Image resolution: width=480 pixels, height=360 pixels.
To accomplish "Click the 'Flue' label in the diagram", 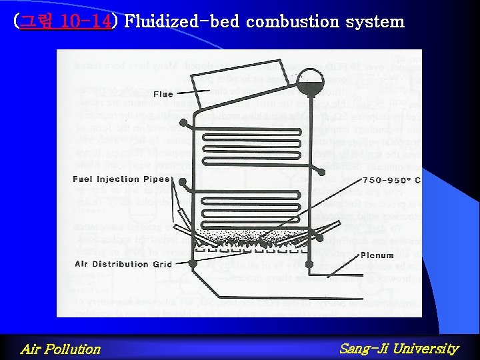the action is pyautogui.click(x=163, y=95).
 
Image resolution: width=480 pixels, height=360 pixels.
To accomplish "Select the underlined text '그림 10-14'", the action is pyautogui.click(x=65, y=22).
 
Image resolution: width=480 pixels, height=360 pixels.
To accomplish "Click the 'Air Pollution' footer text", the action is pyautogui.click(x=61, y=349).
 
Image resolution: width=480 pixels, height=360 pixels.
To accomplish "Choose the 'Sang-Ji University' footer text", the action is pyautogui.click(x=399, y=348).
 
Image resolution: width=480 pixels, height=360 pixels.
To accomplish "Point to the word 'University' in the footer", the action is pyautogui.click(x=426, y=348).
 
